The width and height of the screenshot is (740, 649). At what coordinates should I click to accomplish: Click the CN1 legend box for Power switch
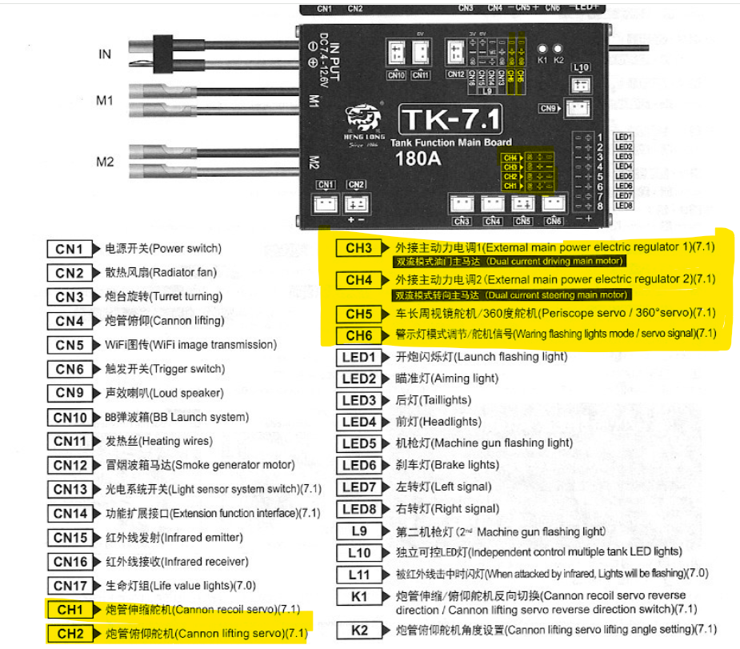pos(70,249)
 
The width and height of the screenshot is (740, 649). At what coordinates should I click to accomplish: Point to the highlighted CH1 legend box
pos(70,610)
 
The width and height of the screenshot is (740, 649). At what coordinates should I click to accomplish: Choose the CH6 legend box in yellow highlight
pos(358,335)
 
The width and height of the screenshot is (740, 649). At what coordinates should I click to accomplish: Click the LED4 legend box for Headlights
pos(358,422)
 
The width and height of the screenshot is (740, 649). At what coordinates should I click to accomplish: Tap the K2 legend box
pos(358,630)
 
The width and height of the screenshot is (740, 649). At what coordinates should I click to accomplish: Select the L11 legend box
pos(358,574)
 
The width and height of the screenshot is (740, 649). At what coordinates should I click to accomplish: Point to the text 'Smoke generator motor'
pos(233,465)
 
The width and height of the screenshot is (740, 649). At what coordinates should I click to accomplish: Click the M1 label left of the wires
pos(105,101)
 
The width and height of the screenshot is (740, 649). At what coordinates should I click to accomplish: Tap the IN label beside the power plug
pos(105,54)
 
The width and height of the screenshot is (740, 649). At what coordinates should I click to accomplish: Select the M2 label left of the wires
pos(105,162)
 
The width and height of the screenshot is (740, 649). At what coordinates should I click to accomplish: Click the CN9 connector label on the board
pos(548,108)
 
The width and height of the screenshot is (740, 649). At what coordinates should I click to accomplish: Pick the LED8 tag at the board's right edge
pos(624,206)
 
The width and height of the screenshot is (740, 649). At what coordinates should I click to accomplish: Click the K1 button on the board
pos(542,49)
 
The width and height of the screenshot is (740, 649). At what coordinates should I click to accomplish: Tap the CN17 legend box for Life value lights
pos(70,585)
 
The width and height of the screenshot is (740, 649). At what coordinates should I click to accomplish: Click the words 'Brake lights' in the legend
pos(465,465)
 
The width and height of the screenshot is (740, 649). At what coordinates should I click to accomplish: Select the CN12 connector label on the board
pos(455,74)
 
